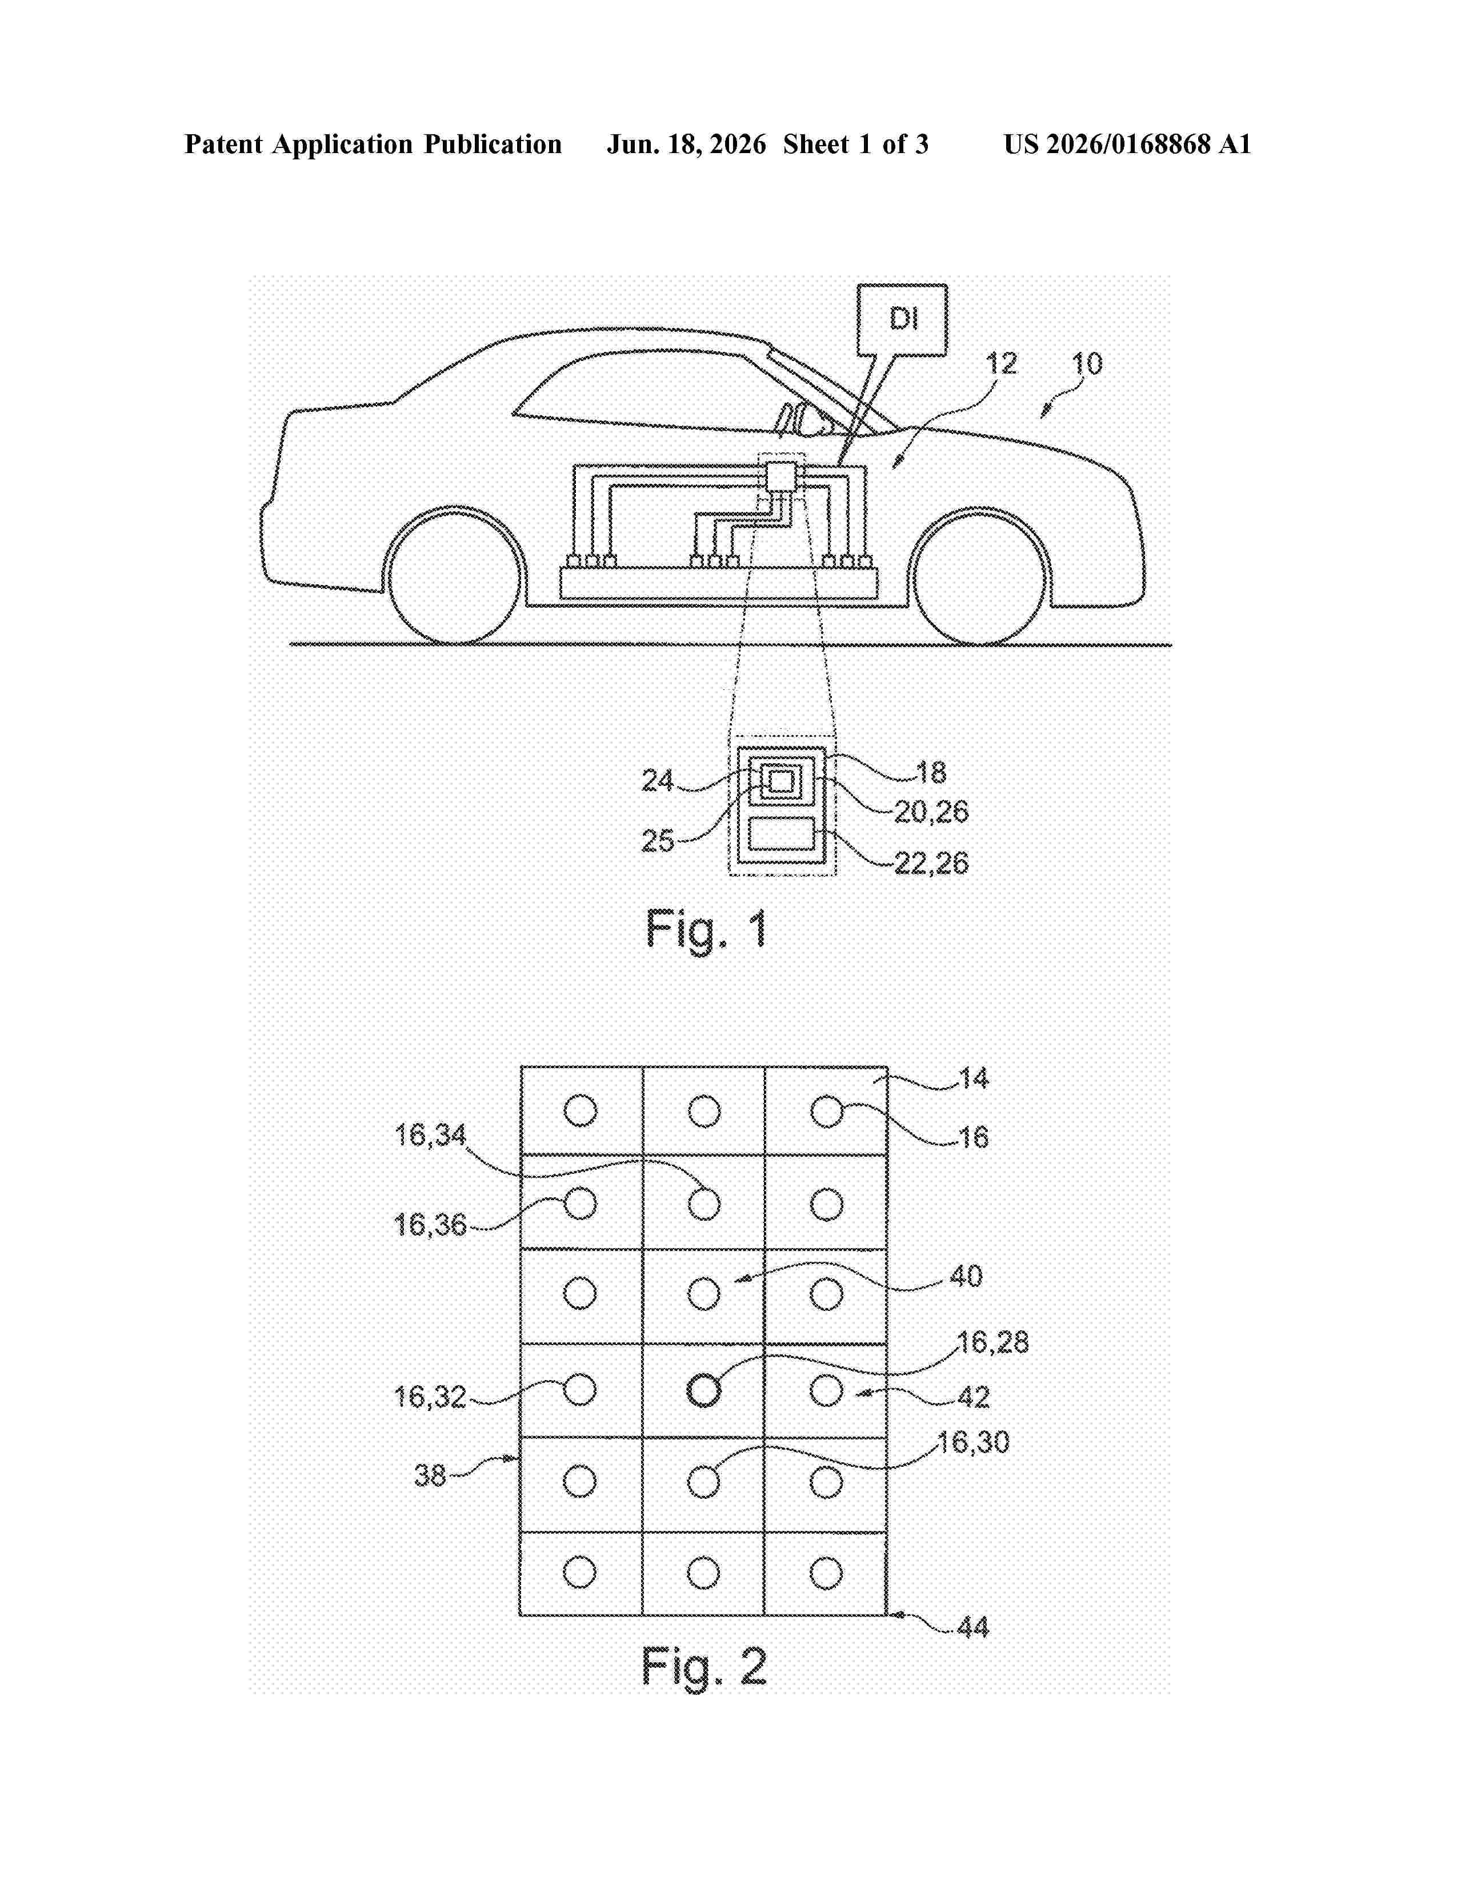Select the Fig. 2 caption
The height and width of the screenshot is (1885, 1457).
click(705, 1666)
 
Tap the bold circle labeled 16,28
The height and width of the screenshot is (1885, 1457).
click(703, 1390)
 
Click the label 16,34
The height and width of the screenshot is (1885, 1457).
click(430, 1135)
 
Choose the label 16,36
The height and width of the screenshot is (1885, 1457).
click(430, 1225)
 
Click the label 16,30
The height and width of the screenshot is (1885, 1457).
click(974, 1442)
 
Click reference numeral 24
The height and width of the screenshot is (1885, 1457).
click(657, 780)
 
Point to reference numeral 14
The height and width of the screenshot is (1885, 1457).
click(973, 1078)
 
